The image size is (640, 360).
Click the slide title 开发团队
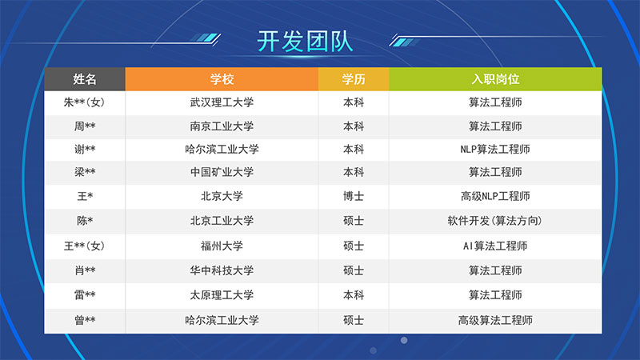pyautogui.click(x=305, y=42)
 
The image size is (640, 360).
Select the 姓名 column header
pyautogui.click(x=85, y=78)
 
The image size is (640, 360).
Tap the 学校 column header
pyautogui.click(x=222, y=78)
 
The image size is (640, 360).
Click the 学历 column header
pyautogui.click(x=354, y=78)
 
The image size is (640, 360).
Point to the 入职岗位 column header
pyautogui.click(x=495, y=78)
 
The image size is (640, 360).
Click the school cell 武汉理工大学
pyautogui.click(x=222, y=102)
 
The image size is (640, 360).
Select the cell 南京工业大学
pyautogui.click(x=222, y=126)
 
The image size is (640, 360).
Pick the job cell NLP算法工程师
pyautogui.click(x=495, y=149)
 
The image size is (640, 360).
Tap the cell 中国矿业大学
pyautogui.click(x=222, y=172)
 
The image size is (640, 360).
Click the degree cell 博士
pyautogui.click(x=354, y=196)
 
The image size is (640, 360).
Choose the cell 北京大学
pyautogui.click(x=222, y=196)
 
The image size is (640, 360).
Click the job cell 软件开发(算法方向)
pyautogui.click(x=495, y=221)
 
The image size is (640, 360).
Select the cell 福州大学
pyautogui.click(x=222, y=246)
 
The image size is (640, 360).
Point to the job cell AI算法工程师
pyautogui.click(x=495, y=246)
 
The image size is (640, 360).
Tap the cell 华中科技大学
pyautogui.click(x=222, y=270)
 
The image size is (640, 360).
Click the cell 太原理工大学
pyautogui.click(x=222, y=294)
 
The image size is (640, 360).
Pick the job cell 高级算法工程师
pyautogui.click(x=495, y=320)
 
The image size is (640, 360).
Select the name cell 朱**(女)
pyautogui.click(x=85, y=102)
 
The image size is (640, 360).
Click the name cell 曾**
pyautogui.click(x=85, y=320)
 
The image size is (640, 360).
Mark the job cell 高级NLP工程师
pyautogui.click(x=495, y=196)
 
